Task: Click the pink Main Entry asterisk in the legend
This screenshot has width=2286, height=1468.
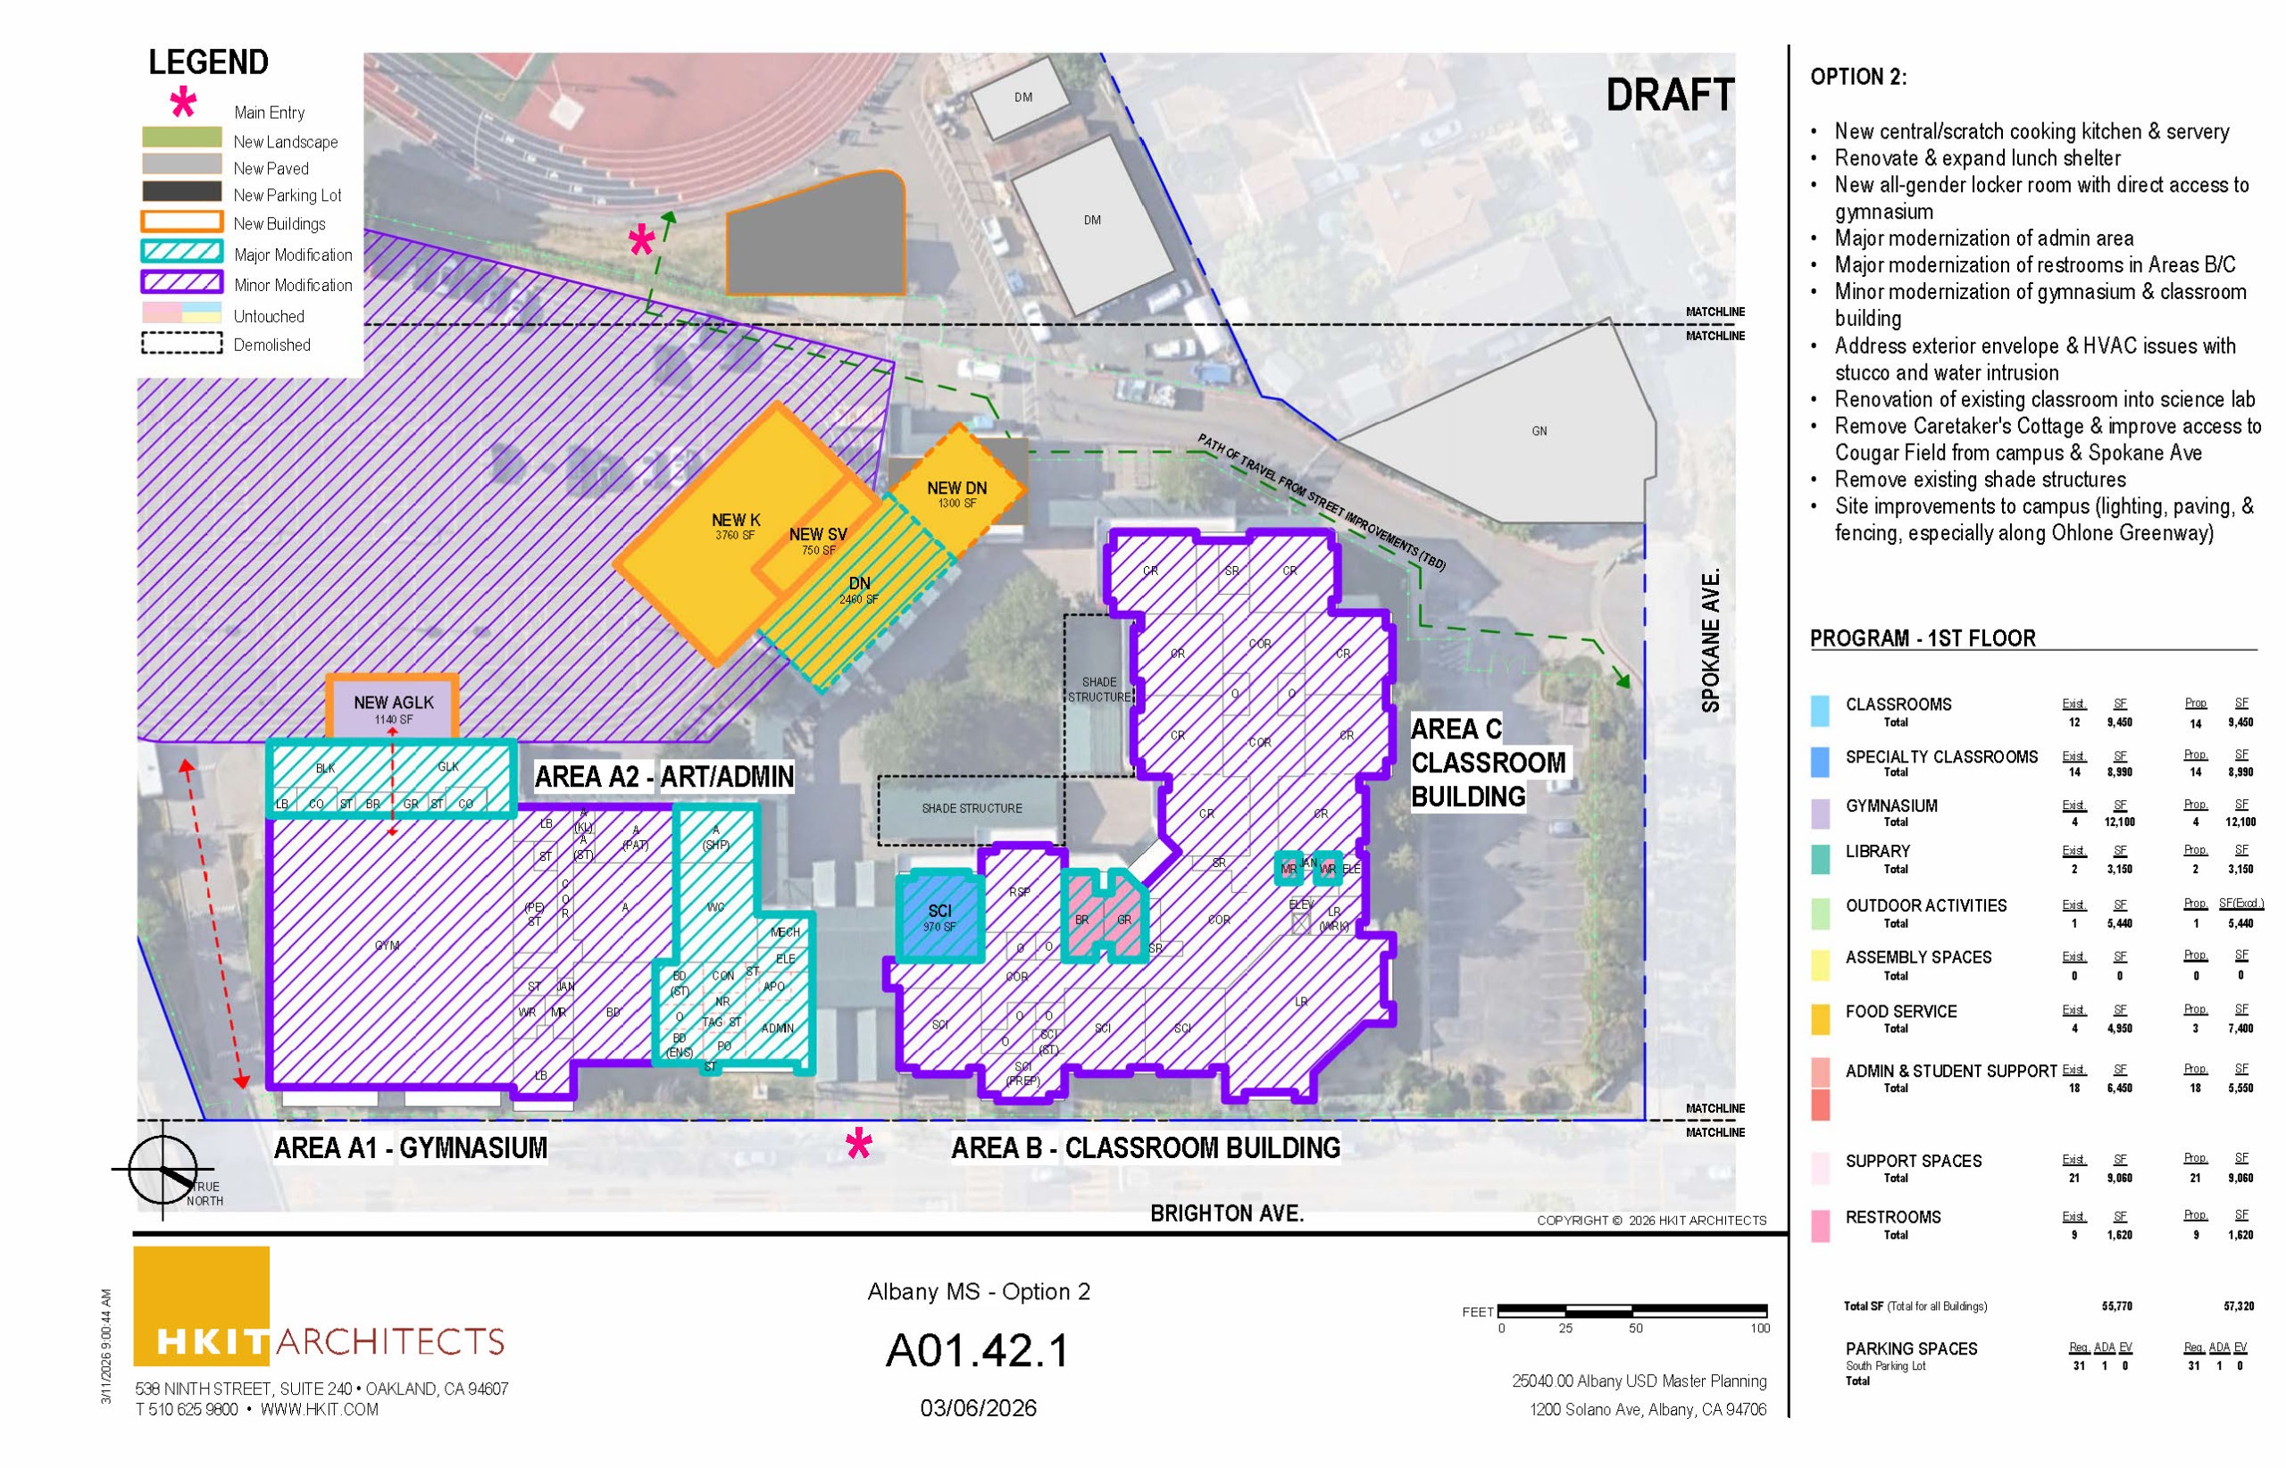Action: pyautogui.click(x=182, y=103)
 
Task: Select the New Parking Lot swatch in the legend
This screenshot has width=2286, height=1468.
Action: pyautogui.click(x=181, y=192)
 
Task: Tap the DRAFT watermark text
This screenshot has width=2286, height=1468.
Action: pyautogui.click(x=1669, y=96)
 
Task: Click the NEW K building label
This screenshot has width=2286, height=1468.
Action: pyautogui.click(x=735, y=521)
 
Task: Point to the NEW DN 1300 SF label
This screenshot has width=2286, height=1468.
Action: pyautogui.click(x=956, y=494)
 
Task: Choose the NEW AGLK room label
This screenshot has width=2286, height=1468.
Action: pyautogui.click(x=393, y=703)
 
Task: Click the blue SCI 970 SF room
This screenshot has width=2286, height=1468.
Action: pyautogui.click(x=939, y=917)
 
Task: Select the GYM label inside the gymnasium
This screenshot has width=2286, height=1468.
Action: pyautogui.click(x=387, y=945)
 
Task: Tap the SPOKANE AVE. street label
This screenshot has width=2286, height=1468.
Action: pyautogui.click(x=1711, y=640)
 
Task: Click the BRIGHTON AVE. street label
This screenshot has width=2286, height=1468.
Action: pyautogui.click(x=1226, y=1214)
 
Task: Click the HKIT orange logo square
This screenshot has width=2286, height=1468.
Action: pyautogui.click(x=201, y=1304)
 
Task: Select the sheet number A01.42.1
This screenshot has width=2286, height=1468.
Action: pyautogui.click(x=978, y=1350)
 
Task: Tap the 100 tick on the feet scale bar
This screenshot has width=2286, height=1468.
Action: pyautogui.click(x=1759, y=1328)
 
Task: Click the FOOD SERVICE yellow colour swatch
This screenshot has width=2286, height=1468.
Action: pyautogui.click(x=1819, y=1018)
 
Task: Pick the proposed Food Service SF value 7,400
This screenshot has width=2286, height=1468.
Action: pyautogui.click(x=2240, y=1029)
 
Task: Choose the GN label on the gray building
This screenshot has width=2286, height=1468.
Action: pyautogui.click(x=1539, y=431)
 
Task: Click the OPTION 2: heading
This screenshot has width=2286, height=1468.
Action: pyautogui.click(x=1858, y=77)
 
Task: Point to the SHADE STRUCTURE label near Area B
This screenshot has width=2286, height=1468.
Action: pyautogui.click(x=972, y=808)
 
